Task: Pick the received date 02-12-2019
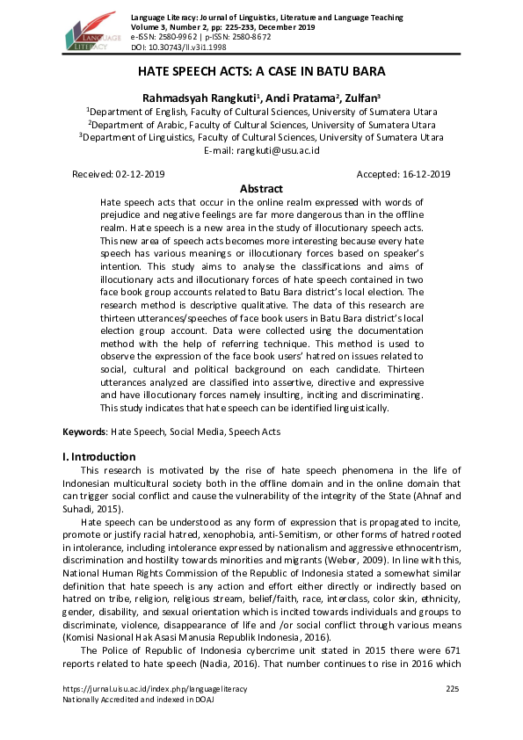(140, 175)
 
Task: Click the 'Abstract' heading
(261, 189)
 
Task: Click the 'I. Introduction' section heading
(99, 457)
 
